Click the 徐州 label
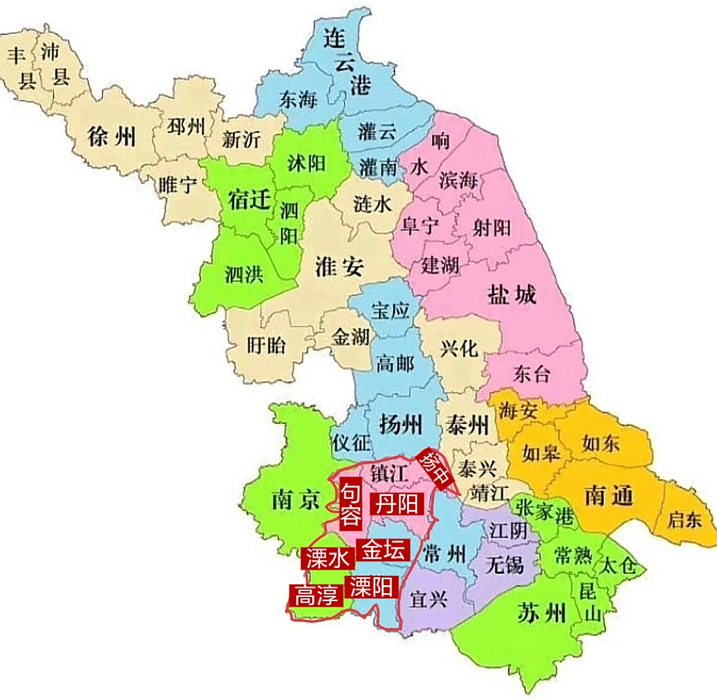[x=111, y=136]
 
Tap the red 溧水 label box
[x=327, y=558]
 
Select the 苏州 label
[x=541, y=614]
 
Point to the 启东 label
[x=684, y=518]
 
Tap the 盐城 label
[x=512, y=295]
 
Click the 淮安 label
[x=339, y=266]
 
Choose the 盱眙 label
[x=266, y=345]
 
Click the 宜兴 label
[x=429, y=599]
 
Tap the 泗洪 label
[x=244, y=273]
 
